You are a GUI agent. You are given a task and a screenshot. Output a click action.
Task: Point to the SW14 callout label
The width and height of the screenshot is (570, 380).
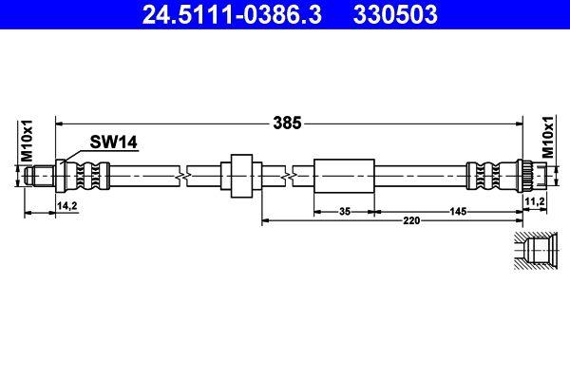coord(114,142)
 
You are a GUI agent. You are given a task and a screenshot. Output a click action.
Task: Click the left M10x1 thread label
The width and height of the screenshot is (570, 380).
coord(28,142)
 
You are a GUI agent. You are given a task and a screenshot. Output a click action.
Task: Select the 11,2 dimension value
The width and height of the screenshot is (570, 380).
coord(534,202)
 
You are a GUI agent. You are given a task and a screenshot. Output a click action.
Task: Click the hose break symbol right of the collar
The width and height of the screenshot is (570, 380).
coord(287,177)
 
